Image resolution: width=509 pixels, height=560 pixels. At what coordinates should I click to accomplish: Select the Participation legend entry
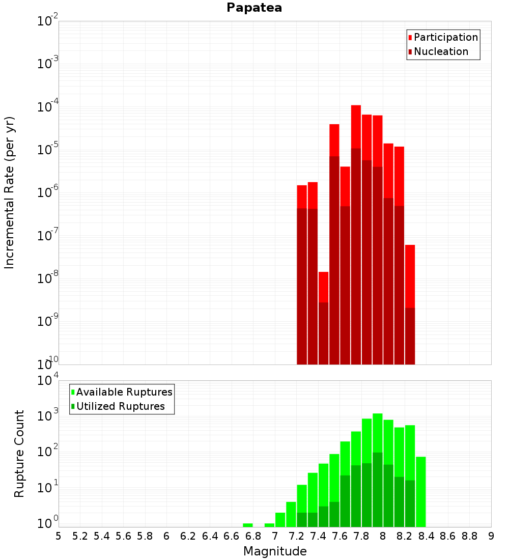[446, 37]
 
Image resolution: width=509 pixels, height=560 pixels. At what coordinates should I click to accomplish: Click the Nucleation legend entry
[441, 51]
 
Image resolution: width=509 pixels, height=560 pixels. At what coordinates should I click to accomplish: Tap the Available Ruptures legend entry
[124, 392]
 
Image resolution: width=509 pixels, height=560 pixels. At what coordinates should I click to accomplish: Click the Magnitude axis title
[275, 551]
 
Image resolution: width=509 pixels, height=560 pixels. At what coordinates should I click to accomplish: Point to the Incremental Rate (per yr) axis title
[10, 192]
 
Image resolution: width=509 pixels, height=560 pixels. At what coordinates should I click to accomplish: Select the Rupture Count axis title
[19, 454]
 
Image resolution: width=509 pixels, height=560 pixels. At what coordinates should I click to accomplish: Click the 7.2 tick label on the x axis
[296, 536]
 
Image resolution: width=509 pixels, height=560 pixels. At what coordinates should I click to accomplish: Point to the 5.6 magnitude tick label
[123, 536]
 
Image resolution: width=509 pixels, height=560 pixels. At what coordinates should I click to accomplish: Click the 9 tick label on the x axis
[491, 536]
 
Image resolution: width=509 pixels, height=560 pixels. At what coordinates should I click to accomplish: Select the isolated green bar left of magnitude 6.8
[247, 525]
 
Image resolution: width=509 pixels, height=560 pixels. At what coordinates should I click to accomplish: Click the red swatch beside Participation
[410, 38]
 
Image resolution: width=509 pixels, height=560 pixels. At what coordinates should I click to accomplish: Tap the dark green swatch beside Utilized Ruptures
[73, 407]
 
